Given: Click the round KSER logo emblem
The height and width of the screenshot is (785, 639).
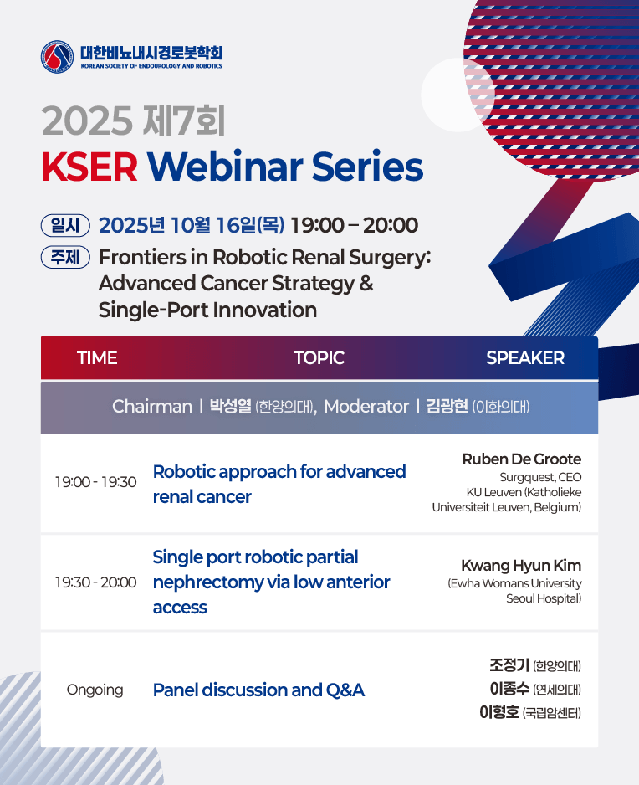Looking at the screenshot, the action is tap(58, 57).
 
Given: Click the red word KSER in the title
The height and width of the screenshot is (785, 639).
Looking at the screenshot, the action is tap(89, 167).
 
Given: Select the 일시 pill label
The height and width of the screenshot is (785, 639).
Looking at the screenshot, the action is tap(65, 225).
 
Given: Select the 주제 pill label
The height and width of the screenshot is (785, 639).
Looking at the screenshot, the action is tap(65, 257).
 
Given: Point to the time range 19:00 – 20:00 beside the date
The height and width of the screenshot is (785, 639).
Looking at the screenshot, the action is tap(355, 225).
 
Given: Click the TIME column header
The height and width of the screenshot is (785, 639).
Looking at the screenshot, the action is tap(97, 358).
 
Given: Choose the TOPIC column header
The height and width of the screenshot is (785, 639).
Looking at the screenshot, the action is tap(319, 358).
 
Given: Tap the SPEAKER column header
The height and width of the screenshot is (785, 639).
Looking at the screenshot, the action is tap(525, 358).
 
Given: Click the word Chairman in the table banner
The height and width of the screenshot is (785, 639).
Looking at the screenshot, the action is tap(152, 406).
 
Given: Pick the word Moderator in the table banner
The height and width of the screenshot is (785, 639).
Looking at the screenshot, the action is tap(366, 406).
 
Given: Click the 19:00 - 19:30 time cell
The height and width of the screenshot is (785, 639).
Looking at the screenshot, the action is tap(95, 481).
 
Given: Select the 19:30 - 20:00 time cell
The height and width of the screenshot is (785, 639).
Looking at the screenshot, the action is tap(95, 582).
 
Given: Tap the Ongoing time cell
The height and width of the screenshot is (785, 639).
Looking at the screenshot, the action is tap(95, 690).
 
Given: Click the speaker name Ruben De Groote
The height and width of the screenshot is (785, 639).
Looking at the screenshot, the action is tap(521, 459).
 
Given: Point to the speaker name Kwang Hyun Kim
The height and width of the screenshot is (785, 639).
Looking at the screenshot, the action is tap(521, 566).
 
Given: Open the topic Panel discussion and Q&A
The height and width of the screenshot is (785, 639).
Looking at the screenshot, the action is tap(258, 690).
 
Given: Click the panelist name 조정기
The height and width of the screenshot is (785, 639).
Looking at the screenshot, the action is tap(509, 665).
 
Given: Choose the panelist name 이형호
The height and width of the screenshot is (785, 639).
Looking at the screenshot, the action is tap(498, 712).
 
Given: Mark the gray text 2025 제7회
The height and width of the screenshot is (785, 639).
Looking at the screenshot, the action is tap(133, 121).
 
